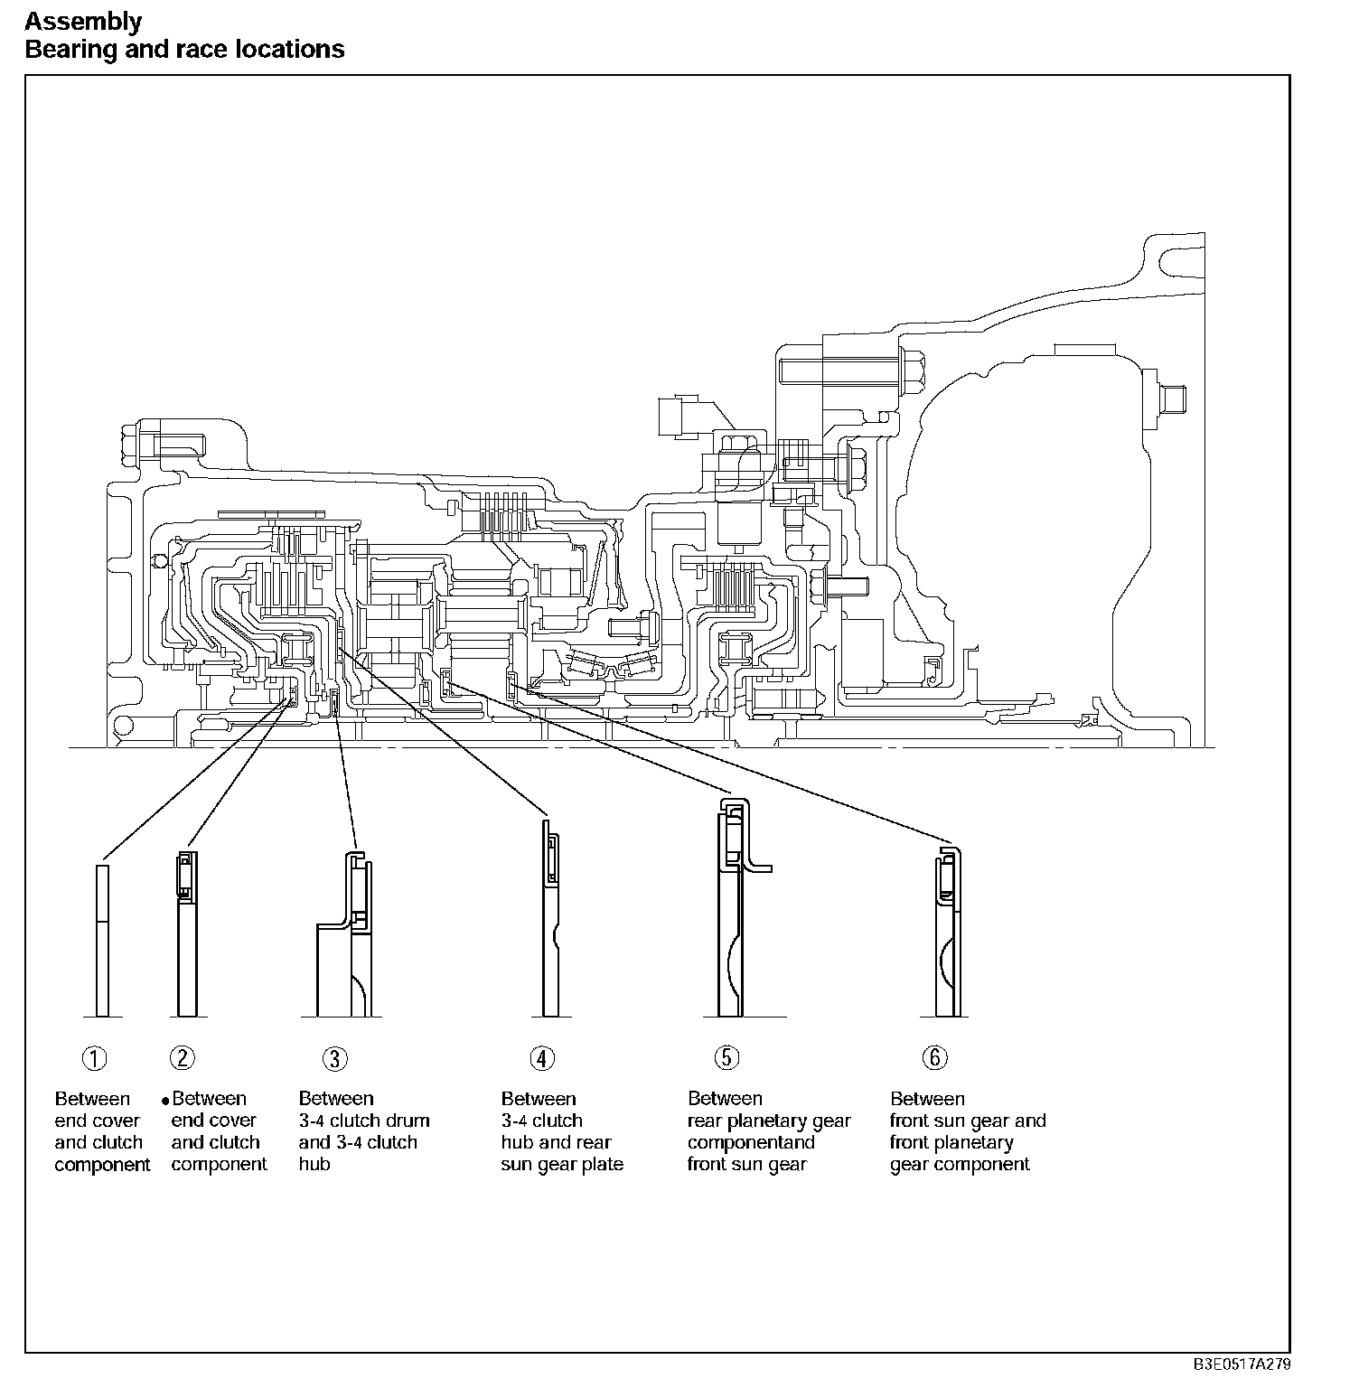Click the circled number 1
[x=95, y=1058]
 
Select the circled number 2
[x=183, y=1058]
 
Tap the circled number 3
[x=335, y=1059]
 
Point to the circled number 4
[x=541, y=1058]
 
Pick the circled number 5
[x=726, y=1058]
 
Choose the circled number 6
[x=934, y=1057]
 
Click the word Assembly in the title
[x=83, y=21]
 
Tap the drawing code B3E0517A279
[x=1242, y=1364]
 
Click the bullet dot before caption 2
[x=165, y=1101]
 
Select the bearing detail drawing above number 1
[x=102, y=940]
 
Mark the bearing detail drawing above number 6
[x=946, y=931]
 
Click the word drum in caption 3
[x=408, y=1121]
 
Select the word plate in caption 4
[x=603, y=1164]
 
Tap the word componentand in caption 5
[x=751, y=1142]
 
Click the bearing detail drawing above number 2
[x=186, y=935]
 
